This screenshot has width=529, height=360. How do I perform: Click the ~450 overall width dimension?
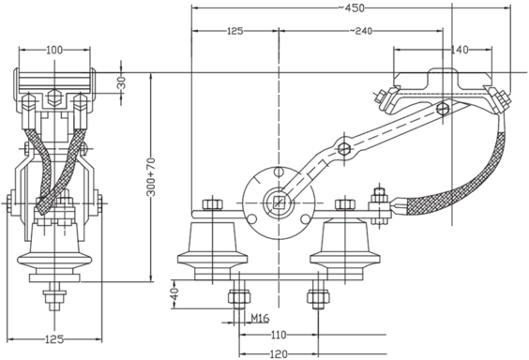(x=351, y=7)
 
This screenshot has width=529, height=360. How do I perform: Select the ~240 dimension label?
(x=360, y=31)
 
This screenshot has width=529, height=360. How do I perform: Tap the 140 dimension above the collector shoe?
(x=461, y=50)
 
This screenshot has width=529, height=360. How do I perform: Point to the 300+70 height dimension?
(x=152, y=176)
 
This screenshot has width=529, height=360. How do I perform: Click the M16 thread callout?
(x=260, y=318)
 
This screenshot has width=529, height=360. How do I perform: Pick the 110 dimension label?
(x=279, y=335)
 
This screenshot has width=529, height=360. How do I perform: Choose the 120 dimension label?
(x=279, y=354)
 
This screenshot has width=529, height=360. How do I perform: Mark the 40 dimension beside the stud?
(x=174, y=294)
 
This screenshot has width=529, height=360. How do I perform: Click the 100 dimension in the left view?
(x=54, y=51)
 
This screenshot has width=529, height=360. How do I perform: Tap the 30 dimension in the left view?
(x=122, y=82)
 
